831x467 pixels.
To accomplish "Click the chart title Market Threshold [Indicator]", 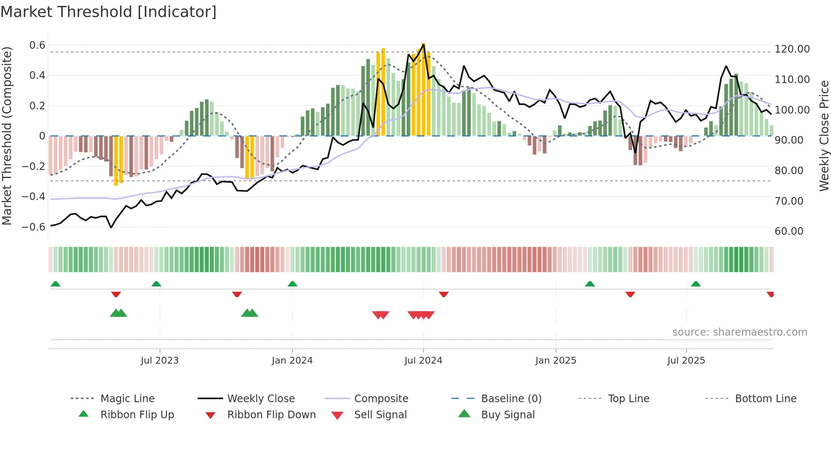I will [109, 12].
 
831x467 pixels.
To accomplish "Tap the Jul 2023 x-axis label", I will [159, 361].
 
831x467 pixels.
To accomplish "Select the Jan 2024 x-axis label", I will [292, 361].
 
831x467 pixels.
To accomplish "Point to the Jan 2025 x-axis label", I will [555, 361].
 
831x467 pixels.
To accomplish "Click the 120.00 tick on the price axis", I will [792, 49].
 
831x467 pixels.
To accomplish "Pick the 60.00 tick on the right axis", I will [789, 231].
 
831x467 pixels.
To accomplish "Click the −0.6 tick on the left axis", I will [33, 227].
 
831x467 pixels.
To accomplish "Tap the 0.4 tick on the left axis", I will [37, 75].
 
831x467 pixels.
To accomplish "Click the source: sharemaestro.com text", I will [739, 332].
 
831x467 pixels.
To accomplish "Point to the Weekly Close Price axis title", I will [824, 136].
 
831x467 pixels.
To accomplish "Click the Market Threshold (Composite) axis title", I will [7, 136].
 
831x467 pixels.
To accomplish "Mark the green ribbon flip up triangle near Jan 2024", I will [292, 284].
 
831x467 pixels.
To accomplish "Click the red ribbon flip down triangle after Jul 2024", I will [443, 294].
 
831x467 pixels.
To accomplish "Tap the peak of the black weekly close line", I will [423, 44].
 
